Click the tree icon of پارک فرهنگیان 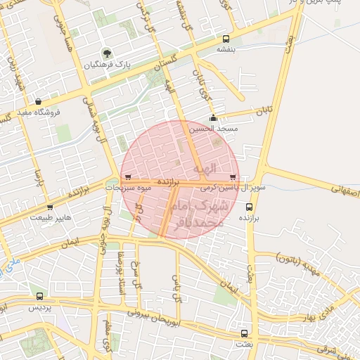[106, 53]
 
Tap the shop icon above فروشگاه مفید [38, 101]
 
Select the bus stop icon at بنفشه [226, 39]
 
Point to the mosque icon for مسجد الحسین [214, 118]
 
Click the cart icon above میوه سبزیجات [127, 177]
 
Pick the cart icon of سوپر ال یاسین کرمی [233, 177]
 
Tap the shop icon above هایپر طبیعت [49, 207]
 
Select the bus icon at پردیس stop [39, 297]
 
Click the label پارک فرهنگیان [105, 65]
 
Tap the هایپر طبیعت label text [50, 219]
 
